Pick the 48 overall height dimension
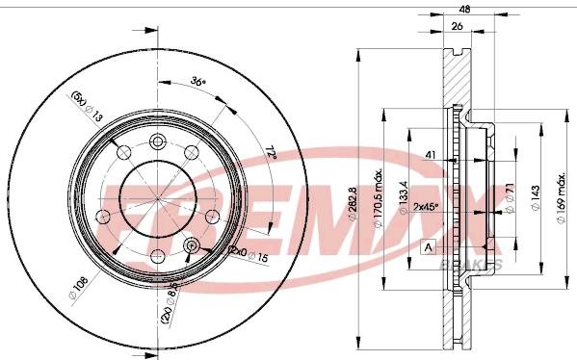[x=464, y=9]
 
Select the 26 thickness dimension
[x=460, y=27]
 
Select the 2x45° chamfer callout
[x=425, y=206]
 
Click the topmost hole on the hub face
[x=158, y=141]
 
